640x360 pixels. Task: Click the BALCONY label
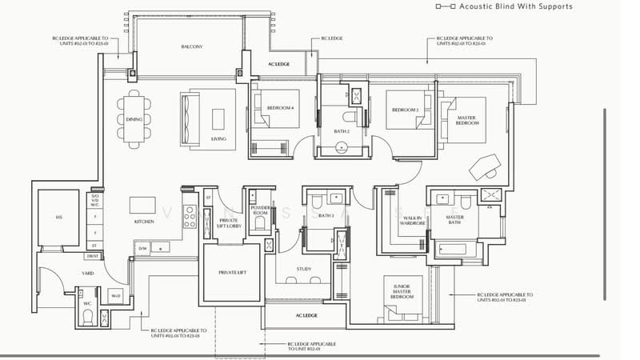[191, 47]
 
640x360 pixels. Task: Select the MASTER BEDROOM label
[467, 121]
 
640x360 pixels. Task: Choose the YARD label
[87, 274]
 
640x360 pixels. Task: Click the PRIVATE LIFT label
[231, 273]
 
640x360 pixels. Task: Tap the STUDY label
[303, 270]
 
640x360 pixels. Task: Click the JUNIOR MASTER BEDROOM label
[402, 291]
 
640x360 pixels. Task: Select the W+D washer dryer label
[114, 296]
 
